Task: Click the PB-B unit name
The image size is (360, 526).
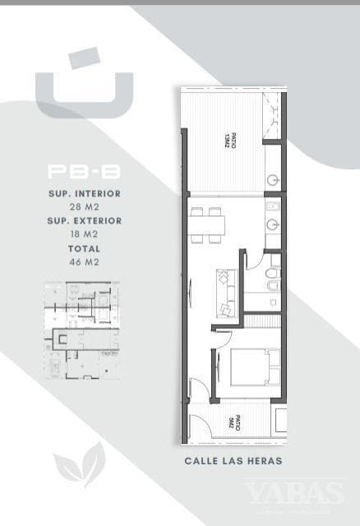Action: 85,173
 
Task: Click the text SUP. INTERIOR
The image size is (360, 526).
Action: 85,194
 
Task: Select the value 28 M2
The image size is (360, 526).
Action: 85,207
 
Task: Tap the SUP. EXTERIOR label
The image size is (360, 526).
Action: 85,221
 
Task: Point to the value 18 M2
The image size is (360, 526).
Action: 85,234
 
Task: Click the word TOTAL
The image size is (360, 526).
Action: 85,248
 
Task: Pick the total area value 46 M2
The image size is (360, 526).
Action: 85,261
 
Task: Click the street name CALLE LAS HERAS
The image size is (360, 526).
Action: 233,461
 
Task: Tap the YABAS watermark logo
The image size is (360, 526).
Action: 294,493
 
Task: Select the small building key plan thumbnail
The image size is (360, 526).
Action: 81,330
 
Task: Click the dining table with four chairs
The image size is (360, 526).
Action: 205,224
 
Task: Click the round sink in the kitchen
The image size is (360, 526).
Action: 274,223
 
